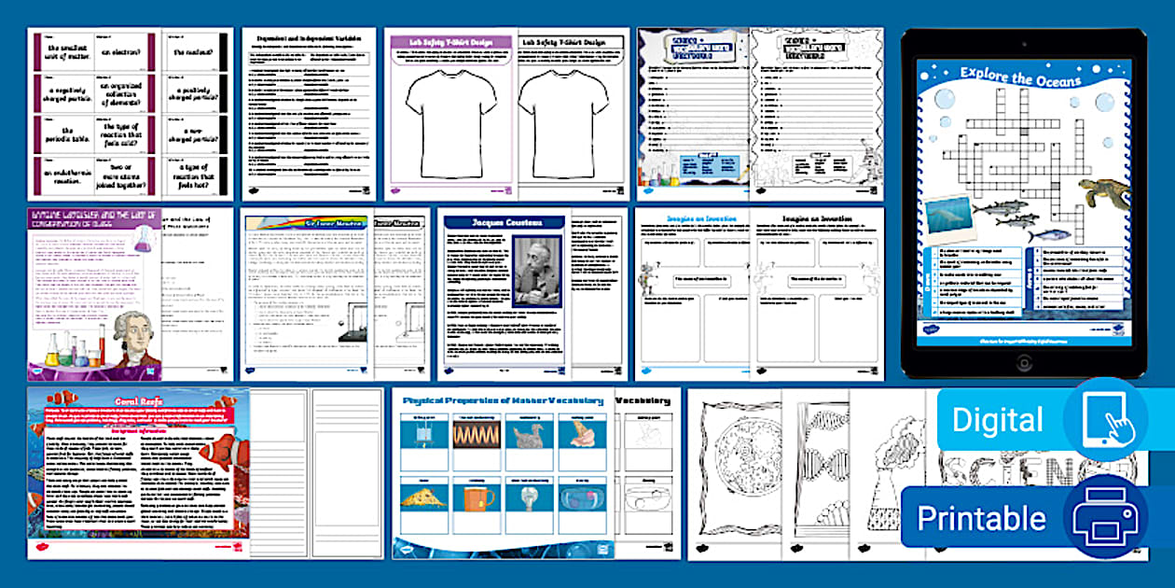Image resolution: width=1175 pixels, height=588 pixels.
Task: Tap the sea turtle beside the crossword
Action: click(1102, 193)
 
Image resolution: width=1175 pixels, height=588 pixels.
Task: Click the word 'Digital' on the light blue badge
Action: click(998, 421)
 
